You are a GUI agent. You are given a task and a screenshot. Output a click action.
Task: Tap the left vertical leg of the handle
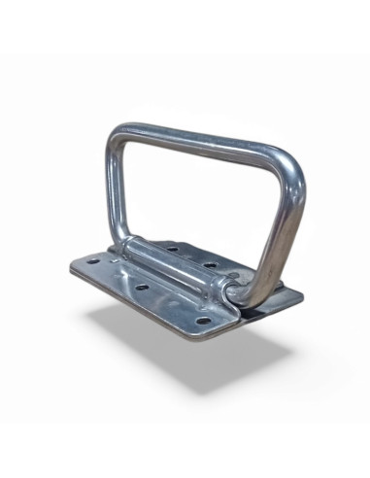coord(111,189)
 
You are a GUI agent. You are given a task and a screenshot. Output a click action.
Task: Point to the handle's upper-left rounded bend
coord(118,134)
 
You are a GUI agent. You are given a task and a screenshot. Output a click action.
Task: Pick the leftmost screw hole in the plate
coord(92,260)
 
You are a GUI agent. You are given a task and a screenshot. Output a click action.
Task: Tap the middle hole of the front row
coord(141,288)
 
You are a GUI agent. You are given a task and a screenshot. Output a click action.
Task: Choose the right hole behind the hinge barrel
coord(209,263)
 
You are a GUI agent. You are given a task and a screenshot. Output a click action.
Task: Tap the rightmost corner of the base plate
coord(301,294)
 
